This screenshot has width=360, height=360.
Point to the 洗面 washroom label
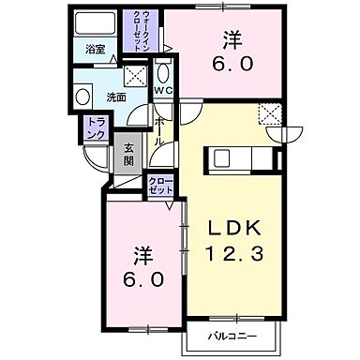[x=115, y=96]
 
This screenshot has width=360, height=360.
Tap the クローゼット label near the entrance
[x=159, y=184]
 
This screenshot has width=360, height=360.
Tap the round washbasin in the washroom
[x=82, y=97]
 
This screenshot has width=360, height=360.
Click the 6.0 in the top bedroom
[x=231, y=67]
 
